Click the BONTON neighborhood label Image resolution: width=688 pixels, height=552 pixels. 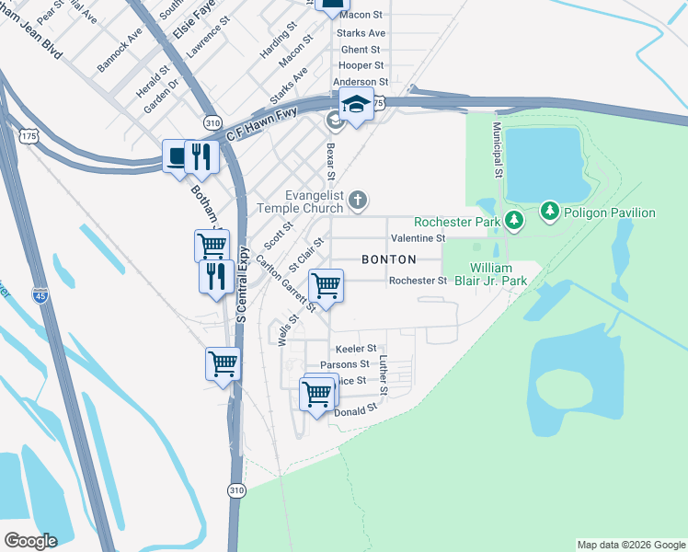(x=388, y=259)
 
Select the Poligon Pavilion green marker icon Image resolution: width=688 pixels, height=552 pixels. (x=550, y=213)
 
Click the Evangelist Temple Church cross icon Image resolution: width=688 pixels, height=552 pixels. (x=359, y=200)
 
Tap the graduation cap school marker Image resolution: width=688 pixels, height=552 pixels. (x=356, y=106)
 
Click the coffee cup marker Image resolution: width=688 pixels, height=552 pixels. (x=178, y=155)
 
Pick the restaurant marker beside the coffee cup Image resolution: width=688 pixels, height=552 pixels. (x=200, y=155)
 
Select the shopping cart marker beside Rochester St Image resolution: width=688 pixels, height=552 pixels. (x=326, y=285)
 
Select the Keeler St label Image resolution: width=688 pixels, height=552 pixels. (x=356, y=349)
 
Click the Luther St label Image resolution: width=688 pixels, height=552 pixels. (x=384, y=376)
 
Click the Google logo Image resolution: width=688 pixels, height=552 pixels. (x=30, y=541)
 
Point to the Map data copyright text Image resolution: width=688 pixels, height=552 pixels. (x=630, y=545)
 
